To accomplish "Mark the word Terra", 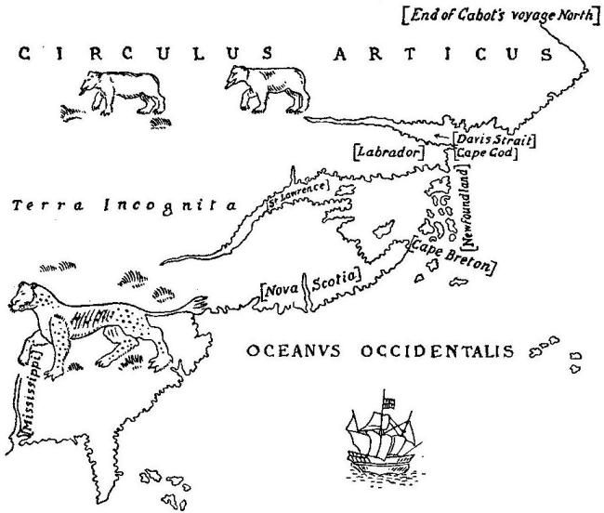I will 44,206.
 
